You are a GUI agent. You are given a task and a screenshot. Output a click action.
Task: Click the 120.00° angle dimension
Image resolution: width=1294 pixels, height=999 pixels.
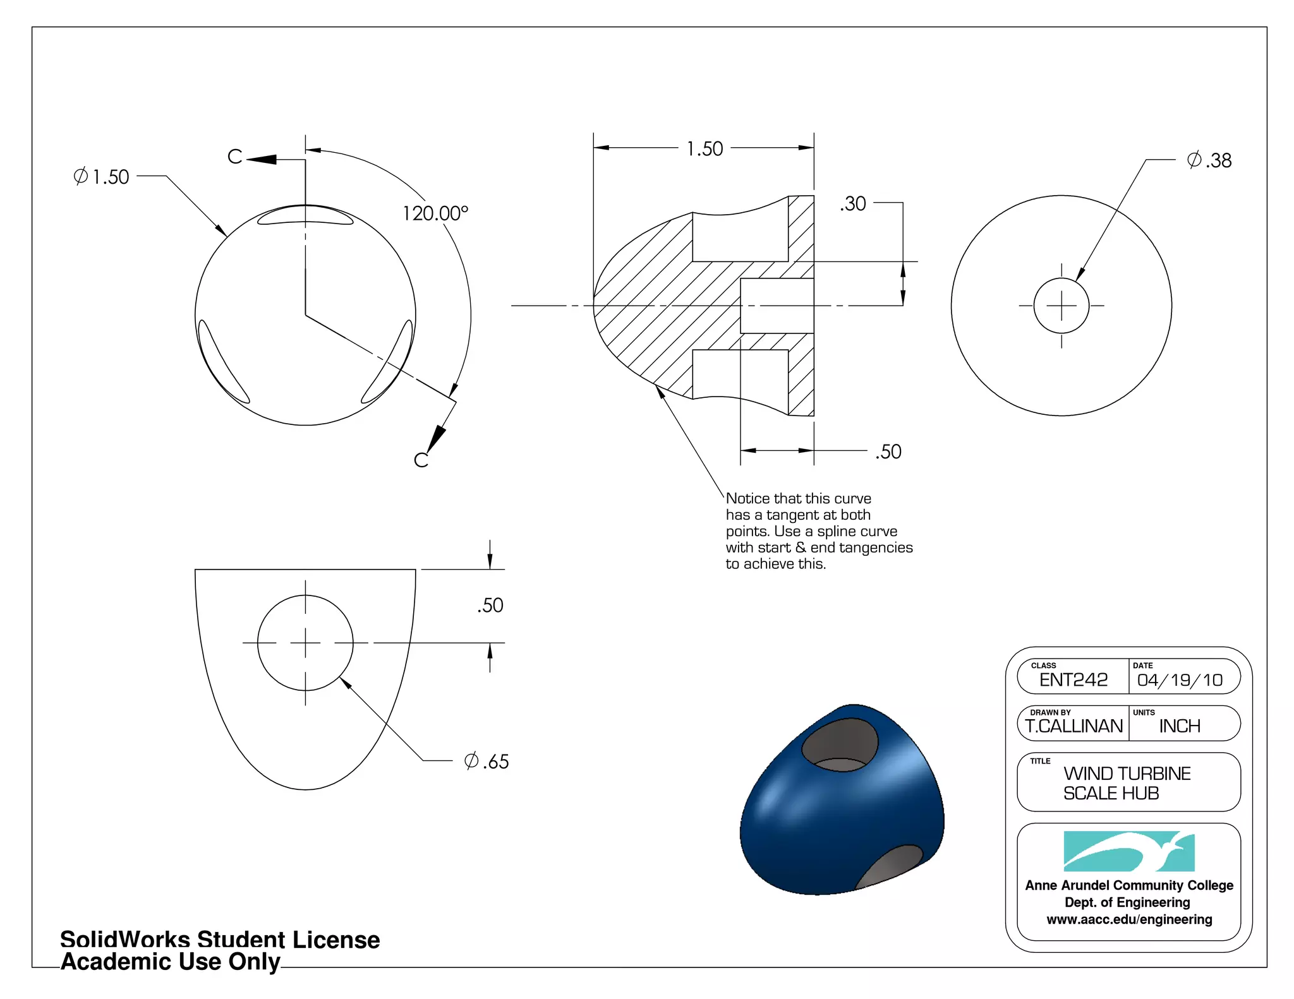pos(435,213)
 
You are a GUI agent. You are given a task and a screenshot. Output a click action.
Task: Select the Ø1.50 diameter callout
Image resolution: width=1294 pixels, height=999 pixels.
pos(101,177)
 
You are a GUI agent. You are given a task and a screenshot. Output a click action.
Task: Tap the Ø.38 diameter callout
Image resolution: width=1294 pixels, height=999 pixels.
pos(1209,160)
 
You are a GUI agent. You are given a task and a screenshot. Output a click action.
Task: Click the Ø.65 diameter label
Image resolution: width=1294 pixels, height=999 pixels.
pos(486,762)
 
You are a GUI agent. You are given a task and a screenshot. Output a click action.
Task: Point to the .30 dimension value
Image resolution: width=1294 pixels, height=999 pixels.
pos(853,204)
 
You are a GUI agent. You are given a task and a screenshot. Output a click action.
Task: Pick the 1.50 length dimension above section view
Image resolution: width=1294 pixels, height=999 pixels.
pos(704,149)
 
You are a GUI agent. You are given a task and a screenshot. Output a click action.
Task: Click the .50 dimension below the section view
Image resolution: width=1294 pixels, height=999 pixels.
pos(888,452)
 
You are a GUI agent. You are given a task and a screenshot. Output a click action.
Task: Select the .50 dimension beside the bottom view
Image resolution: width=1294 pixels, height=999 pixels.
pos(490,606)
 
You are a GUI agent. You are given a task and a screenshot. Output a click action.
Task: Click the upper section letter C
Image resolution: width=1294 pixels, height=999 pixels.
pos(234,157)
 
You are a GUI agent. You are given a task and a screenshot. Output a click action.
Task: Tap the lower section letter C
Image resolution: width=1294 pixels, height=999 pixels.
pos(421,460)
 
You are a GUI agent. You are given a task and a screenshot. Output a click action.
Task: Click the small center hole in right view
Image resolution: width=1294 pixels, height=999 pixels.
pos(1061,306)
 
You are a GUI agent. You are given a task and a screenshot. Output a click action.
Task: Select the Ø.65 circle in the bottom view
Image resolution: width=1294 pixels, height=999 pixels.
pos(305,643)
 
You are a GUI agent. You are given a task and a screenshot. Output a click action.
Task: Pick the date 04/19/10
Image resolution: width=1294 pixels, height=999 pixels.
pos(1180,680)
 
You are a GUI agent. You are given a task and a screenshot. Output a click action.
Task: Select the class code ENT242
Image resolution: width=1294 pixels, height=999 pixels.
pos(1073,680)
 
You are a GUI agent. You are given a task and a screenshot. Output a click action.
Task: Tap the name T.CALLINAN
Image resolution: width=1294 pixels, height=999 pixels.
pos(1074,726)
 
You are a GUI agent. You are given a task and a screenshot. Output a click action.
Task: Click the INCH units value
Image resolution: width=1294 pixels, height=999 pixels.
pos(1180,726)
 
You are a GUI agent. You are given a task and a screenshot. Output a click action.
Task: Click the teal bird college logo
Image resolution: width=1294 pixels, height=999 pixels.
pos(1129,851)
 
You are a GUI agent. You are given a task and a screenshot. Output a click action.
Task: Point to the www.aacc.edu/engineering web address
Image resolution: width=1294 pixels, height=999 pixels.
pos(1129,919)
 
